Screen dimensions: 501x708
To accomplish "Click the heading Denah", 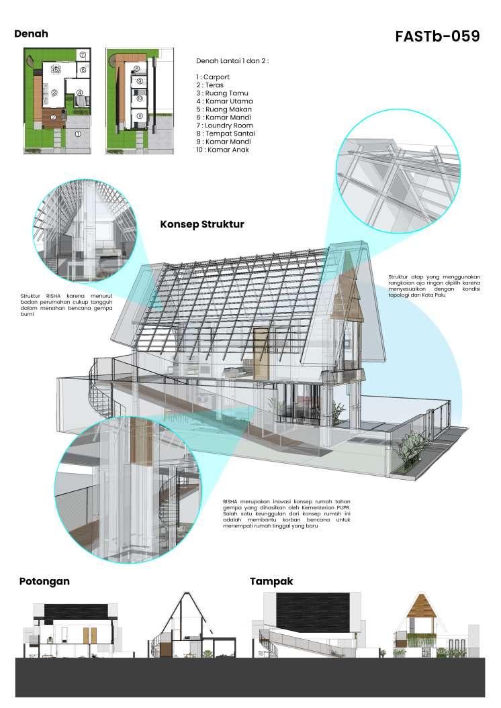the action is point(31,34).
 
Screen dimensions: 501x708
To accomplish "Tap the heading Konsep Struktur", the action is point(201,224).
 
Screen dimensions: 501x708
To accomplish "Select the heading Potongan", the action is point(44,581).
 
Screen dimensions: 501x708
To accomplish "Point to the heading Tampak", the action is point(271,581).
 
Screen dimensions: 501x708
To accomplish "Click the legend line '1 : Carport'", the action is point(213,77).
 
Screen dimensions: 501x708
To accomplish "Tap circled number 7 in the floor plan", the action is point(82,54).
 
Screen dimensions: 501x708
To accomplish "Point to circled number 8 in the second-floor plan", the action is point(136,68).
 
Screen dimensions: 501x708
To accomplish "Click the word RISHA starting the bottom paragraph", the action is point(232,501).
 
